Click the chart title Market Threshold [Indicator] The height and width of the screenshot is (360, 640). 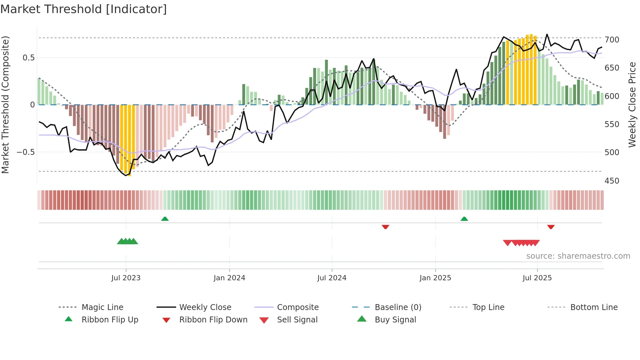click(x=84, y=9)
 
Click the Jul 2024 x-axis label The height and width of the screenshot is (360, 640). click(x=332, y=278)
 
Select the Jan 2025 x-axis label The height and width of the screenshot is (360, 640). click(x=435, y=278)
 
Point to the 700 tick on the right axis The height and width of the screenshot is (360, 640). click(x=612, y=40)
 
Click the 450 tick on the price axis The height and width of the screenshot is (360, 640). click(x=612, y=181)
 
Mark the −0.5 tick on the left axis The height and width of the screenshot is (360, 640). click(x=25, y=152)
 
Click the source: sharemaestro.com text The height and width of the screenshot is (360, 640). click(x=578, y=256)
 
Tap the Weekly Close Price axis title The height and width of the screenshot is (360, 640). click(x=632, y=105)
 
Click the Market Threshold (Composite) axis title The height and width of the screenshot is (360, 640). click(x=5, y=105)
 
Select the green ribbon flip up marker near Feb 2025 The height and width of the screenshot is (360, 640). click(x=464, y=219)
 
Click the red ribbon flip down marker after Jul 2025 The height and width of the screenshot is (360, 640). click(x=551, y=227)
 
